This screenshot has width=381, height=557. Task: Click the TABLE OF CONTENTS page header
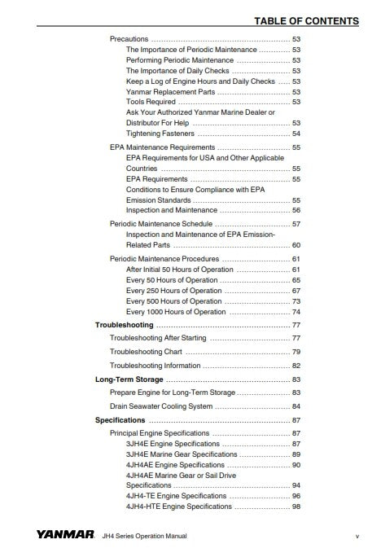click(x=306, y=20)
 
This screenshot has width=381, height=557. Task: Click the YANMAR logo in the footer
click(x=63, y=536)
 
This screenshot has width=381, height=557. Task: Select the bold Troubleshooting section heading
click(x=125, y=325)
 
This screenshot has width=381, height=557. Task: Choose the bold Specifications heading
click(x=120, y=420)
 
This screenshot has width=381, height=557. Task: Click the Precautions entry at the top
click(x=129, y=39)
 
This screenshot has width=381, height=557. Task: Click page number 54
click(x=296, y=134)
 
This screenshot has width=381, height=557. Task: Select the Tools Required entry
click(x=151, y=102)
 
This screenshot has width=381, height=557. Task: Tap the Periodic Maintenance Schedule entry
click(x=161, y=223)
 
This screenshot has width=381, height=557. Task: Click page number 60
click(x=296, y=245)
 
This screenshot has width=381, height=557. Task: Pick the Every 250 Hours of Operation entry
click(x=173, y=291)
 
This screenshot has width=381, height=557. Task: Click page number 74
click(x=296, y=312)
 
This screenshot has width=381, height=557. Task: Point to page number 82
click(x=296, y=366)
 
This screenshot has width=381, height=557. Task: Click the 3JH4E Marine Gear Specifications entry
click(x=182, y=454)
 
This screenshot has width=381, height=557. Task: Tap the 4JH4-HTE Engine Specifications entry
click(x=179, y=507)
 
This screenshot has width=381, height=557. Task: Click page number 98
click(x=296, y=507)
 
